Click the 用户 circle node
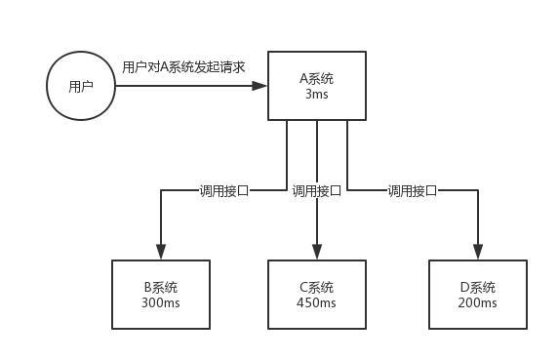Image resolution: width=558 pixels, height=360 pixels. click(x=81, y=87)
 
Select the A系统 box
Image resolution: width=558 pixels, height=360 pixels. click(x=317, y=86)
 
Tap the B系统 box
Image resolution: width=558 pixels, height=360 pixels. click(x=160, y=295)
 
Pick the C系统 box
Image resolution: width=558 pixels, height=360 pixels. click(x=317, y=295)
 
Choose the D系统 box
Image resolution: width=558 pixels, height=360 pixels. click(x=477, y=295)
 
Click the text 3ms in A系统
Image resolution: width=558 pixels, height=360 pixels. click(x=317, y=95)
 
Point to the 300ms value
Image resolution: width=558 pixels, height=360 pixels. click(x=160, y=303)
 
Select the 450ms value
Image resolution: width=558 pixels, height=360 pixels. click(x=317, y=303)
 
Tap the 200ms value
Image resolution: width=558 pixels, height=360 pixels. click(x=477, y=303)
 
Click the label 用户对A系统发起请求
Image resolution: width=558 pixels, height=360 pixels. click(x=183, y=67)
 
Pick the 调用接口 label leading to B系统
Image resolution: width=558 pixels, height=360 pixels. click(x=224, y=191)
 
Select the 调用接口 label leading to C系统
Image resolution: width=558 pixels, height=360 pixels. click(x=317, y=191)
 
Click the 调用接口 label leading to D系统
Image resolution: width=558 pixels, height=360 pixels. click(x=412, y=191)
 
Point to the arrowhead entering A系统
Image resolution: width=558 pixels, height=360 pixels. click(x=260, y=86)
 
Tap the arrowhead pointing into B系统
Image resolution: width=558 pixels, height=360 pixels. click(x=160, y=253)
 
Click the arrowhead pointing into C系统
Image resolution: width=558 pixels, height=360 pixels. click(x=317, y=253)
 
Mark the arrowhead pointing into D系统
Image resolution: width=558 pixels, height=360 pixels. click(x=477, y=253)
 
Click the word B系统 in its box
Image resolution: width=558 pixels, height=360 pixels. click(x=160, y=287)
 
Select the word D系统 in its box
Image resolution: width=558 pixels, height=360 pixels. click(x=477, y=287)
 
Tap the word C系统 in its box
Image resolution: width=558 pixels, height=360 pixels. click(x=317, y=287)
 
